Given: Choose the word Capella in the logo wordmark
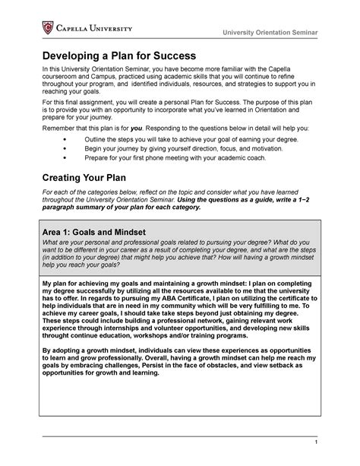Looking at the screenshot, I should click(x=74, y=29).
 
